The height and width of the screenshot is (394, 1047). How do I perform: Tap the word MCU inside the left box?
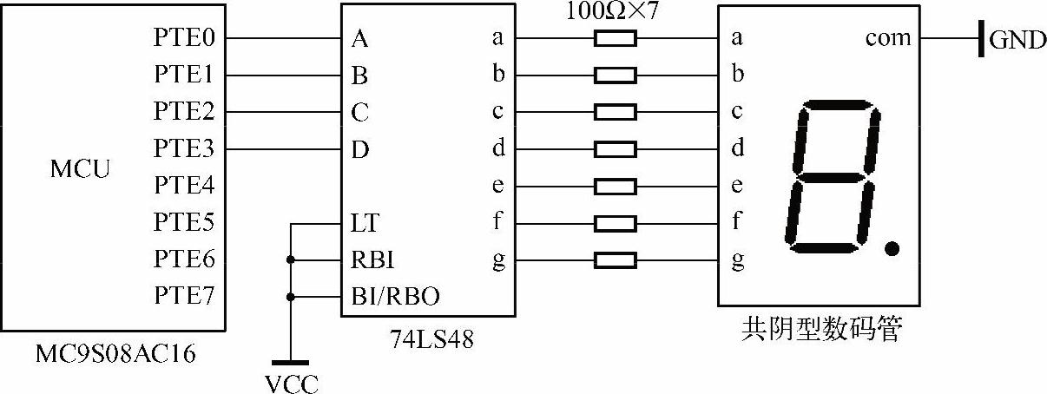[81, 168]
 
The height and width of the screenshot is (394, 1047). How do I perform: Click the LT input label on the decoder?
[365, 223]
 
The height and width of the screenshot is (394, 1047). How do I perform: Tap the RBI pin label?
[371, 259]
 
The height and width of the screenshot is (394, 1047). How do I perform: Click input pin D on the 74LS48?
[359, 149]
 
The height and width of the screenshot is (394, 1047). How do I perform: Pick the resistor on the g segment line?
[616, 259]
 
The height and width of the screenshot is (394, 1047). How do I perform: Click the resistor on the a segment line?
[616, 38]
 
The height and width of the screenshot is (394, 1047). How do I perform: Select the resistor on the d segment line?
[616, 149]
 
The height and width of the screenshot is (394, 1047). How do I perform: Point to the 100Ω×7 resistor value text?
[613, 11]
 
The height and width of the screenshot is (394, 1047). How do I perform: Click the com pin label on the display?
[888, 38]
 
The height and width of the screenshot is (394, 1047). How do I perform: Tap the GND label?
[1017, 41]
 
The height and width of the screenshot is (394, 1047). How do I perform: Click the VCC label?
[290, 382]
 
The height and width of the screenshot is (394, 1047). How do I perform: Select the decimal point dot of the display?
[891, 250]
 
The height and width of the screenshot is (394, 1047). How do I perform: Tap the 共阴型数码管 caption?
[820, 330]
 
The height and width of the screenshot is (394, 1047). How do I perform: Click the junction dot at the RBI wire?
[290, 259]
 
